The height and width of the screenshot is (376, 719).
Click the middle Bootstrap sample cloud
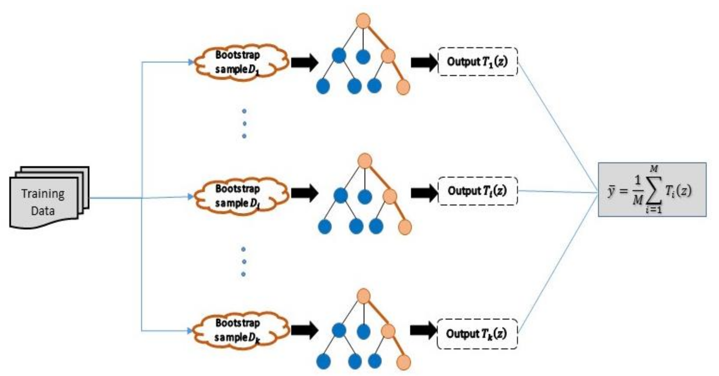pos(240,196)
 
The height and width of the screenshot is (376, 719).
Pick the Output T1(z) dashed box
pos(478,62)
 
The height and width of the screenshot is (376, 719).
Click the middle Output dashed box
pos(478,191)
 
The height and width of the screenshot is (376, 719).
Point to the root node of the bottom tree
pos(363,296)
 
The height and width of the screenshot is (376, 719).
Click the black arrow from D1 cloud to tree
pos(304,62)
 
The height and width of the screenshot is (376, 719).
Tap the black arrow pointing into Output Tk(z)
pos(423,331)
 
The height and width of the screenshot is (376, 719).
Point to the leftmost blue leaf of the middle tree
pos(325,226)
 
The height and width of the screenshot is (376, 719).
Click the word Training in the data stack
pos(43,193)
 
